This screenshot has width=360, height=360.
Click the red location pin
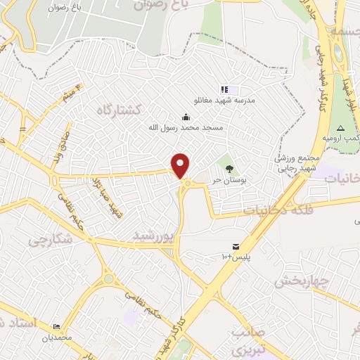click(x=181, y=166)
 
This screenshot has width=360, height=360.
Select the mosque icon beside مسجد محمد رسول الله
click(x=186, y=117)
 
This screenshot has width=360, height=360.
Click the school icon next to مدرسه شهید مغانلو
click(x=224, y=90)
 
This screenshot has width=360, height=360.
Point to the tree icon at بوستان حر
click(x=229, y=168)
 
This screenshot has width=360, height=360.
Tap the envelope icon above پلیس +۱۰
click(x=236, y=247)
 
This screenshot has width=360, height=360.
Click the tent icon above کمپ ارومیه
click(x=341, y=128)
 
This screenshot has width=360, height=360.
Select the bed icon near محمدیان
click(x=56, y=327)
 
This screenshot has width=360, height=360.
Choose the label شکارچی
click(x=51, y=240)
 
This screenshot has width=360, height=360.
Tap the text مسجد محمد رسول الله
click(x=185, y=128)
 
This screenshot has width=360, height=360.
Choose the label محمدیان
click(x=56, y=337)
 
